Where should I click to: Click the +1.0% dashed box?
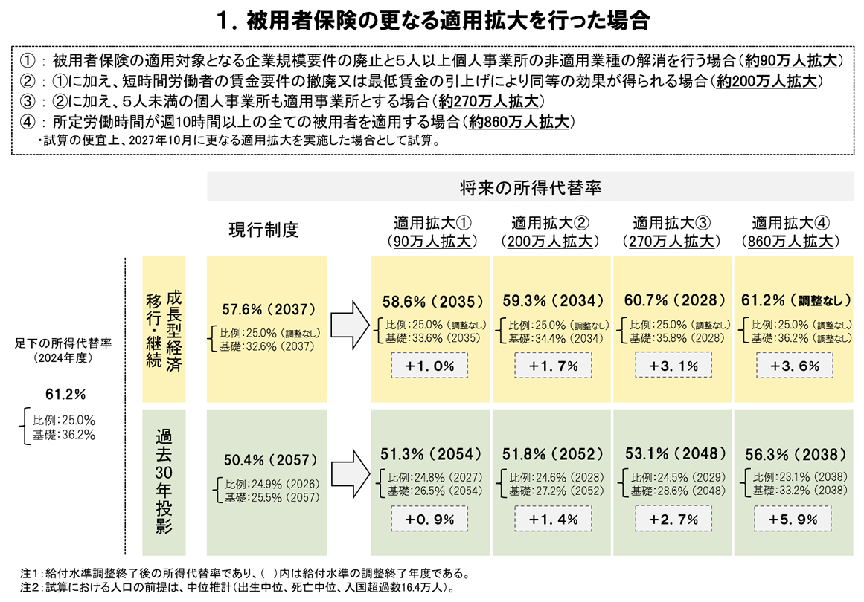click(x=429, y=366)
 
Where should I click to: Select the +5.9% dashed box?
click(x=793, y=520)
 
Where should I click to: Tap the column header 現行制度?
click(x=263, y=230)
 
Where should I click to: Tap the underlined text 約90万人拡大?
click(x=795, y=62)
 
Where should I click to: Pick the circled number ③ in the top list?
click(x=28, y=102)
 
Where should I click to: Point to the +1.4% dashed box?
click(x=551, y=520)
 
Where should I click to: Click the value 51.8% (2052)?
click(x=551, y=455)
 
